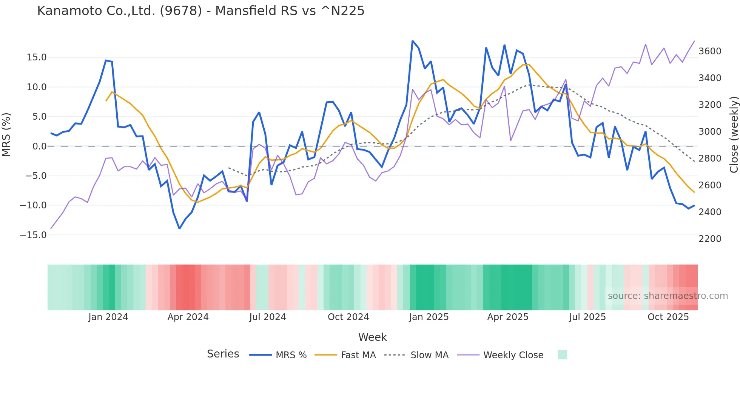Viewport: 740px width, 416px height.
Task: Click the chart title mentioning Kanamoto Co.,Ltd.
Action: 200,11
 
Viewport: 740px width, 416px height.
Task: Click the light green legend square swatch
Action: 562,355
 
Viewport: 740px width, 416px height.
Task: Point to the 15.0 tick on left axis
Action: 37,57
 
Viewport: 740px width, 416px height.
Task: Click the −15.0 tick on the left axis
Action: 33,235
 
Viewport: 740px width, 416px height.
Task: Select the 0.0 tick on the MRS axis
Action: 39,146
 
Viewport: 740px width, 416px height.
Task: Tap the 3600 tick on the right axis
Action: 710,51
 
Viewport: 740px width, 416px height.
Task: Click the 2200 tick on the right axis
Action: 710,239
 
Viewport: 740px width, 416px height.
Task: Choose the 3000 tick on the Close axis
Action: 710,132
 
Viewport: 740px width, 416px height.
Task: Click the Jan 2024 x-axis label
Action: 108,317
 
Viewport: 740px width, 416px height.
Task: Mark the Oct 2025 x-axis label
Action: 668,317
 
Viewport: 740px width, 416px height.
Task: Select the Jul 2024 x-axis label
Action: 267,317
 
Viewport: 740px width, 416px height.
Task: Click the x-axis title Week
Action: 372,337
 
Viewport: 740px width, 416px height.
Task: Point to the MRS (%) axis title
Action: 6,135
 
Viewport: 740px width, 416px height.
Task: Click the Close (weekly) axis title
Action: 734,135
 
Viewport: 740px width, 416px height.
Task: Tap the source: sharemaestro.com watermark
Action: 668,296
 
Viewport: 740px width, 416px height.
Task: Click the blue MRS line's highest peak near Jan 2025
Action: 413,41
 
